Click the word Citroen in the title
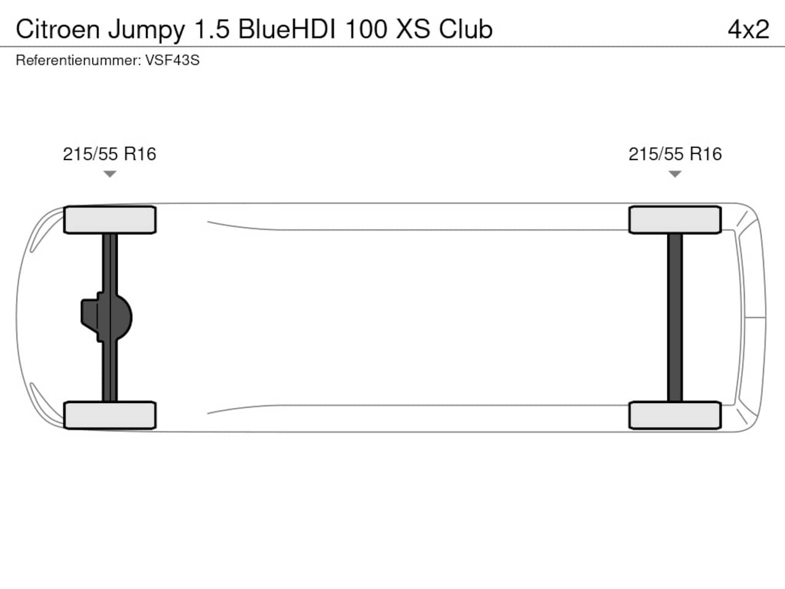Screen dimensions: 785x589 point(58,29)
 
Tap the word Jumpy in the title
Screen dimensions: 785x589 point(147,31)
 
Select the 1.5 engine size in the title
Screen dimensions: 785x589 point(212,29)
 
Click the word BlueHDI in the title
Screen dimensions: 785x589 point(287,29)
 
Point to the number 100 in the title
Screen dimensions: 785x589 point(366,29)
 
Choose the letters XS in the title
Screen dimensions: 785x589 point(413,29)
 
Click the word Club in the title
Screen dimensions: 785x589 point(465,29)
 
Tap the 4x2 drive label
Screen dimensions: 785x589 point(748,29)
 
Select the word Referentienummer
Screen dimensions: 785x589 point(78,60)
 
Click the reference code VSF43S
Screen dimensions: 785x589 point(172,60)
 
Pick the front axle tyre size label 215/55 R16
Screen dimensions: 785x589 point(109,154)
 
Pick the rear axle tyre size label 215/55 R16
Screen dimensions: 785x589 point(675,154)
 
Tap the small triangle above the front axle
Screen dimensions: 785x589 point(110,174)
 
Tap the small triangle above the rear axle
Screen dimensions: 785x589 point(675,174)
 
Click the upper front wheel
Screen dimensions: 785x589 point(110,220)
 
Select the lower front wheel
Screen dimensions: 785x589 point(110,415)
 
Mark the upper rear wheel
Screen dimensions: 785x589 point(675,220)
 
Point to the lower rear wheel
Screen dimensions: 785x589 point(675,415)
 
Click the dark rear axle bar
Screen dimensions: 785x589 point(675,318)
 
